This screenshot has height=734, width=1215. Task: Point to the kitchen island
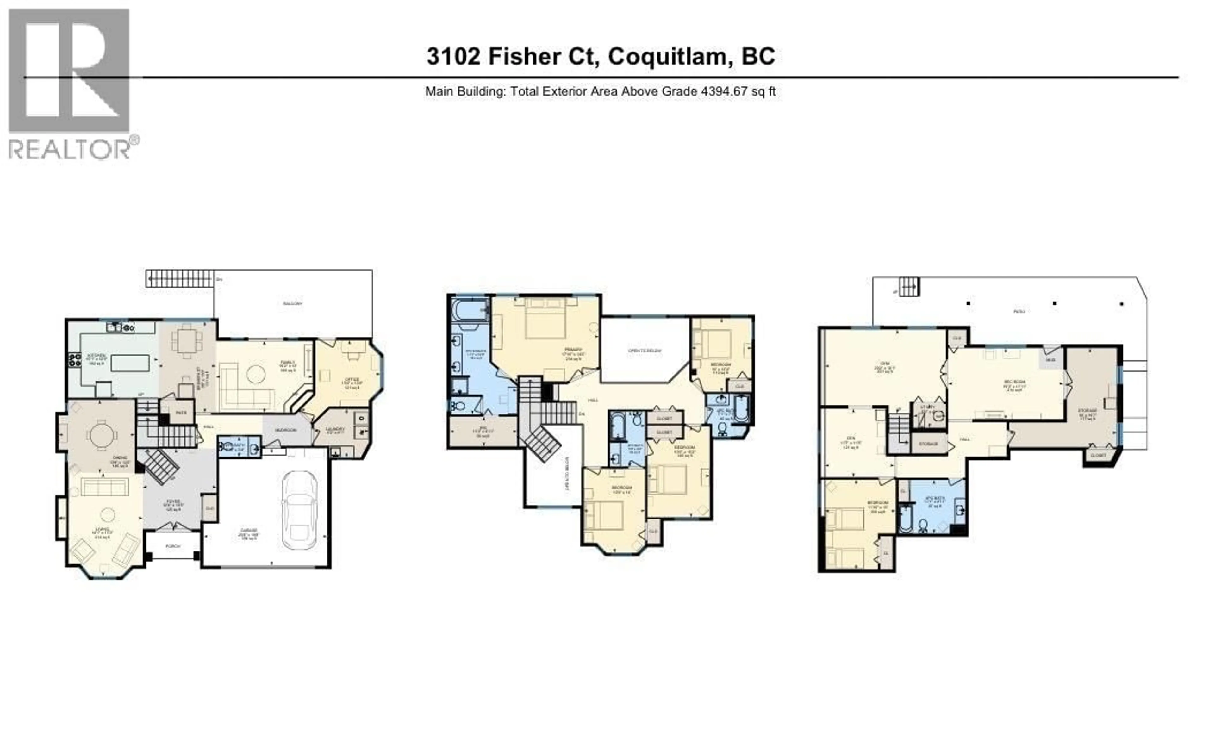tap(130, 363)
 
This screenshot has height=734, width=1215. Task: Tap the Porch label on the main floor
tap(173, 546)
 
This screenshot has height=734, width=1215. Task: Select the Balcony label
tap(292, 304)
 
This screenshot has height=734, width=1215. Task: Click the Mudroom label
tap(285, 430)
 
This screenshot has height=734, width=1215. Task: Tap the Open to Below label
tap(645, 351)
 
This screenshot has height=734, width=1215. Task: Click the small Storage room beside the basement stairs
tap(929, 444)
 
